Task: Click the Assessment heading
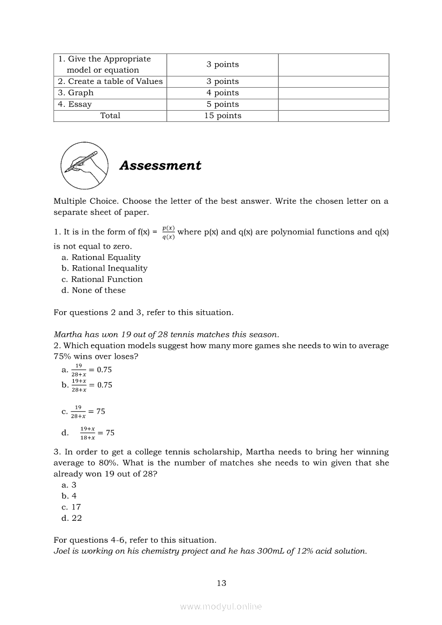click(x=161, y=166)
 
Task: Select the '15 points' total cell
click(x=223, y=115)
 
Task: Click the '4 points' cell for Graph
click(x=223, y=92)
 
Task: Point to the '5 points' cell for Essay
click(x=223, y=104)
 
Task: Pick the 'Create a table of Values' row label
click(x=110, y=81)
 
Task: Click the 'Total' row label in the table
click(x=110, y=115)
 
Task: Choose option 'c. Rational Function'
click(x=102, y=279)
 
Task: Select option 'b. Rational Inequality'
click(x=104, y=268)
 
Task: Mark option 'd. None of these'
click(x=94, y=290)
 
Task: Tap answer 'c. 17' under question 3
click(x=72, y=507)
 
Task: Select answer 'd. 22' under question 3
click(x=72, y=518)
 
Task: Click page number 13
click(x=222, y=583)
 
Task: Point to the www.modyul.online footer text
click(x=221, y=607)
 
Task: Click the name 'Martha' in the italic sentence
click(x=68, y=335)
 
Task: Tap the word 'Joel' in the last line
click(x=62, y=551)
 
